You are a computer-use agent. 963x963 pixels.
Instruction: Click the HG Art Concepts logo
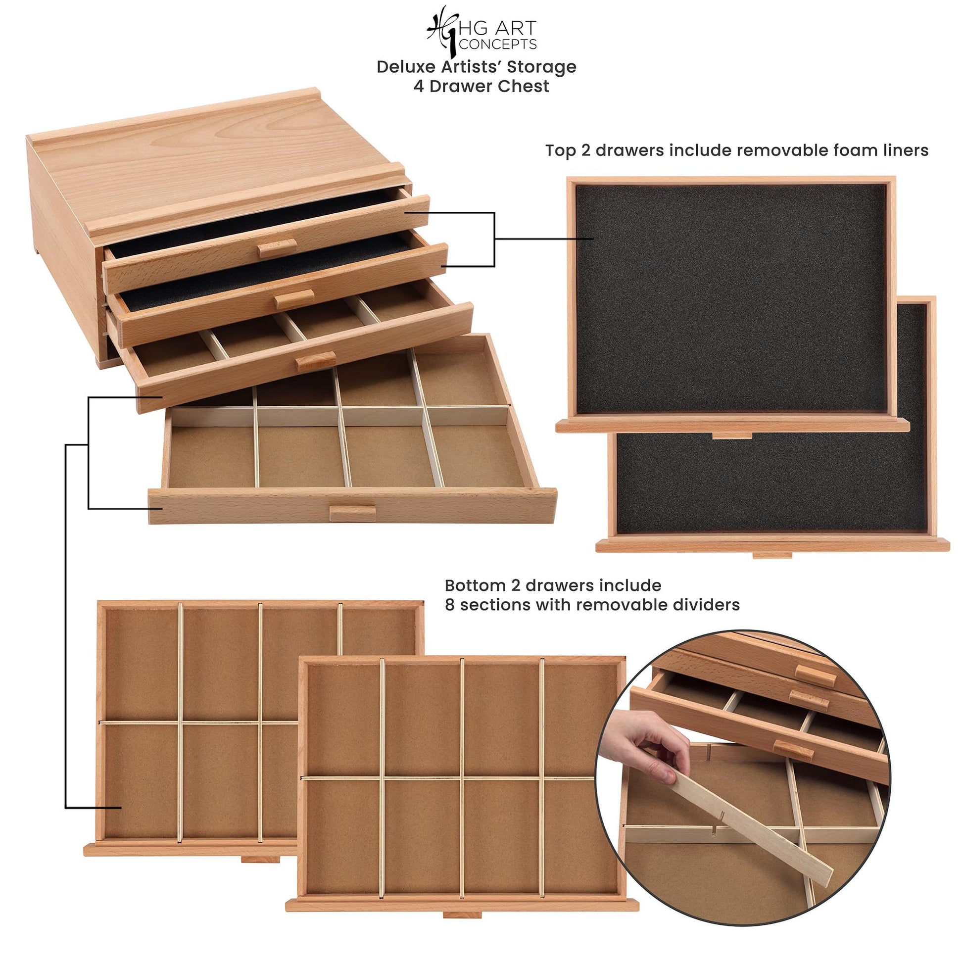click(481, 30)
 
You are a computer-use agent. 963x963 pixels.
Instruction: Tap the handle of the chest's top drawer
click(278, 248)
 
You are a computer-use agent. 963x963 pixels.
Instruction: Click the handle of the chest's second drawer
click(294, 298)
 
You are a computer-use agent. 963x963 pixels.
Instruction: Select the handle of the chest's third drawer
click(315, 361)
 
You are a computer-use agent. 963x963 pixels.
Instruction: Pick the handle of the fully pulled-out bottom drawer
click(352, 513)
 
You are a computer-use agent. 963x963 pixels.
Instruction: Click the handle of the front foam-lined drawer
click(732, 435)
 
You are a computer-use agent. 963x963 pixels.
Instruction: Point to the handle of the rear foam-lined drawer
click(772, 555)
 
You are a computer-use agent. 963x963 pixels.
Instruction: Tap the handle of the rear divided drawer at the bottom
click(260, 859)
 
